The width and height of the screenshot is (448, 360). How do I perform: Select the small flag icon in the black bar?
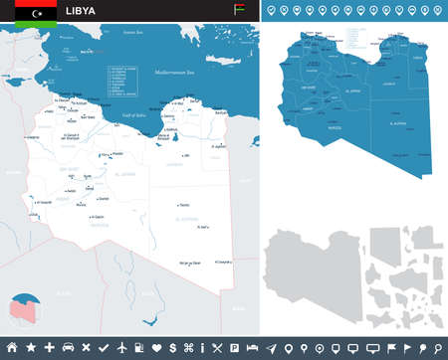237,11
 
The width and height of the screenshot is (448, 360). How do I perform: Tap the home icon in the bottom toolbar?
12,348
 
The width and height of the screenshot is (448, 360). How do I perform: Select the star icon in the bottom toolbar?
31,348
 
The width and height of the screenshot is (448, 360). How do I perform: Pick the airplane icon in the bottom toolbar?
121,348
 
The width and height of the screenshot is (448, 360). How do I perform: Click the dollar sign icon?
175,348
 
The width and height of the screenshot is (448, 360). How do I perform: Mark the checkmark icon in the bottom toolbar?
104,348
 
